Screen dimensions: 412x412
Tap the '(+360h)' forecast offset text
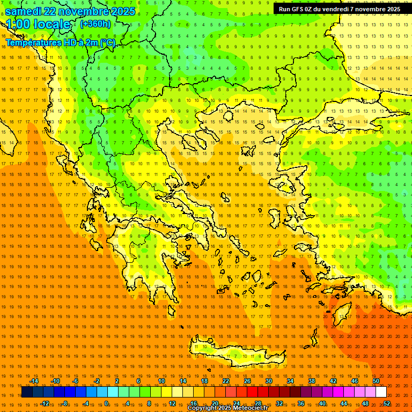tap(95, 24)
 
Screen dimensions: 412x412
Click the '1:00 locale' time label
tap(38, 24)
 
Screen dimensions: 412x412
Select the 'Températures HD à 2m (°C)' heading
tap(60, 42)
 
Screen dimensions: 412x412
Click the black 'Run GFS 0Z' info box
tap(339, 9)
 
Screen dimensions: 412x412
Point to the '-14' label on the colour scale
tap(33, 381)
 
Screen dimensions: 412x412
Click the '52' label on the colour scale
tap(387, 403)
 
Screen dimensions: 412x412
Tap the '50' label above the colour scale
tap(376, 381)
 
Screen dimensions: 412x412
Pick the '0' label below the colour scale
tap(106, 403)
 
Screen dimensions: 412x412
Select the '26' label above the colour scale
tap(247, 381)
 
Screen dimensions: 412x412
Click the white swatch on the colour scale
tap(381, 392)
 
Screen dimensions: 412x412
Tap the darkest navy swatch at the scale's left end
tap(27, 392)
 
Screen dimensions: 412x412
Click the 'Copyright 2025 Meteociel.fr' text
tap(227, 408)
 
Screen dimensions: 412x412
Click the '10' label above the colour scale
tap(161, 381)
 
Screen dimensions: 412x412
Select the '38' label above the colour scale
tap(312, 381)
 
